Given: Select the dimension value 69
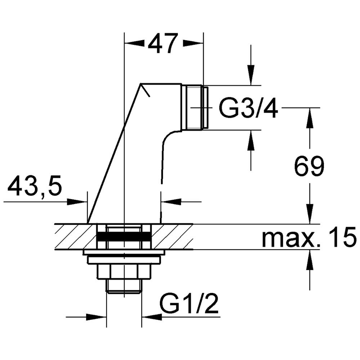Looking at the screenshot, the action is (x=309, y=166).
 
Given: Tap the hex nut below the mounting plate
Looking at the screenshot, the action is (x=124, y=272).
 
